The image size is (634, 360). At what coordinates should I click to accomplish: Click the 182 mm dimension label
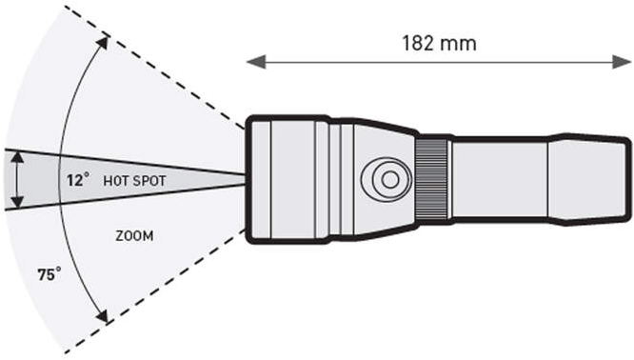pyautogui.click(x=439, y=43)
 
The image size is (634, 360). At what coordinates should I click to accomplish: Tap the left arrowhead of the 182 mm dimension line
pyautogui.click(x=256, y=62)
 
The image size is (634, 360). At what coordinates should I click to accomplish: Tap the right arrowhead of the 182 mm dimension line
pyautogui.click(x=621, y=62)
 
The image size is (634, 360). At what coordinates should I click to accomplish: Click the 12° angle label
pyautogui.click(x=78, y=180)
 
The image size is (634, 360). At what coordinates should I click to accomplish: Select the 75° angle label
pyautogui.click(x=50, y=274)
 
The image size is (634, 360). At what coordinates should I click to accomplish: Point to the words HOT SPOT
pyautogui.click(x=134, y=181)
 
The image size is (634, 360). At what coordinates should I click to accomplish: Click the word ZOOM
pyautogui.click(x=134, y=236)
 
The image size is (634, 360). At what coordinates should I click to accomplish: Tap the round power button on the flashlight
pyautogui.click(x=386, y=180)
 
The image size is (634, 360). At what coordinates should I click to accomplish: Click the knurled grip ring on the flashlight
pyautogui.click(x=433, y=179)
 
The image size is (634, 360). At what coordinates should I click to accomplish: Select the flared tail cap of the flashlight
pyautogui.click(x=589, y=179)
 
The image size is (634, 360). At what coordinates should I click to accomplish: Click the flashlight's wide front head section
pyautogui.click(x=288, y=180)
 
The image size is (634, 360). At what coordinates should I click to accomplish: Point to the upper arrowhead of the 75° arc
pyautogui.click(x=104, y=42)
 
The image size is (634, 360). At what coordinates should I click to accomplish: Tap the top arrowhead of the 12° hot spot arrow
pyautogui.click(x=17, y=156)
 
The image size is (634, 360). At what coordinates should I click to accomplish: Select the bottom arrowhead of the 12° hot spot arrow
pyautogui.click(x=17, y=202)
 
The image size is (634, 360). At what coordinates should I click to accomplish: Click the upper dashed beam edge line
pyautogui.click(x=154, y=68)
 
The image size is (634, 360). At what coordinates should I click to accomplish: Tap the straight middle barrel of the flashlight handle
pyautogui.click(x=500, y=180)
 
